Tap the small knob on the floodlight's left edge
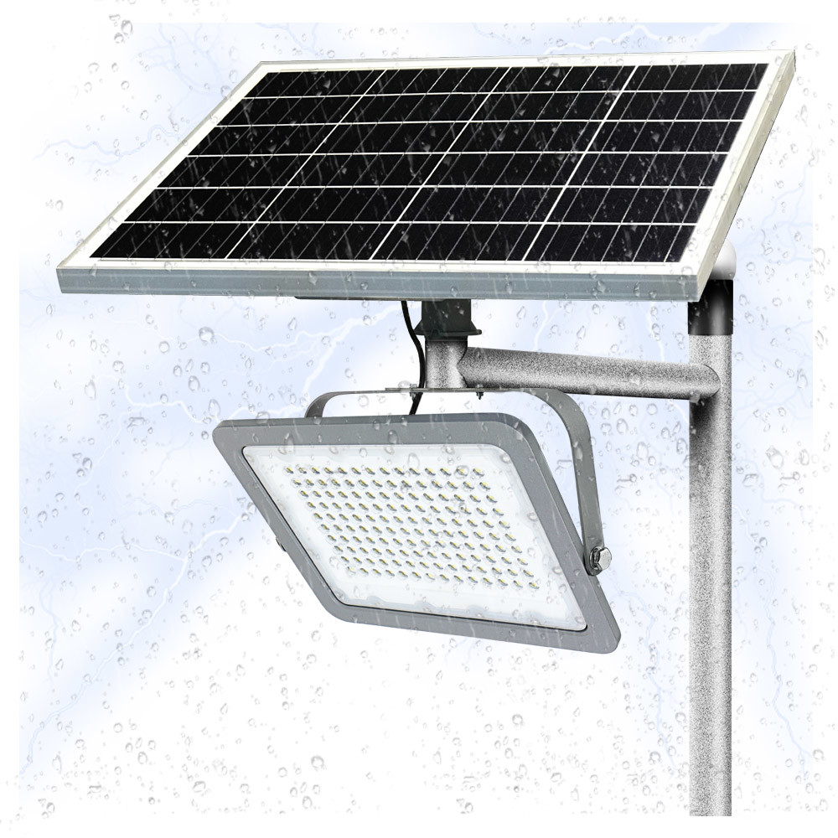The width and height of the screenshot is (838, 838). click(x=279, y=543)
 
